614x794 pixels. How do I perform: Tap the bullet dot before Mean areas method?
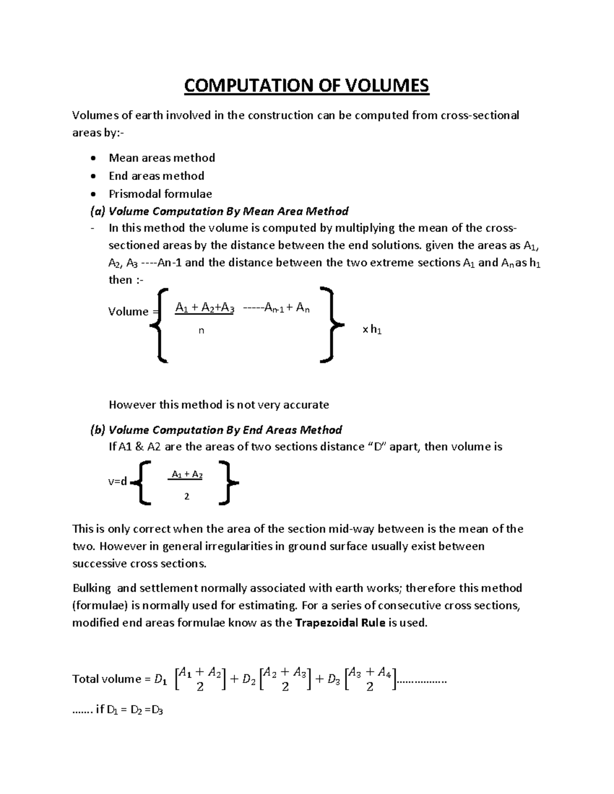point(92,158)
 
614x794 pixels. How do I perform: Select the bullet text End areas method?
point(156,176)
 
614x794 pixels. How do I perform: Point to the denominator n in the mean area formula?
point(201,331)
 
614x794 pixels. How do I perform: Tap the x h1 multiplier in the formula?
point(372,330)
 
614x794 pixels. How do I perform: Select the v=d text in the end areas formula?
point(117,482)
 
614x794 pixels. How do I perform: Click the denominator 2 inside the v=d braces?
point(187,496)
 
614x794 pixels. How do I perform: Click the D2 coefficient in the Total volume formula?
point(249,679)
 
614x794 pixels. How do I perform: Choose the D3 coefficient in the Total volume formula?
point(334,679)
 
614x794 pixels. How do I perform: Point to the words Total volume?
point(106,679)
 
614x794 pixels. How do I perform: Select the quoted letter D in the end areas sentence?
point(378,447)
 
